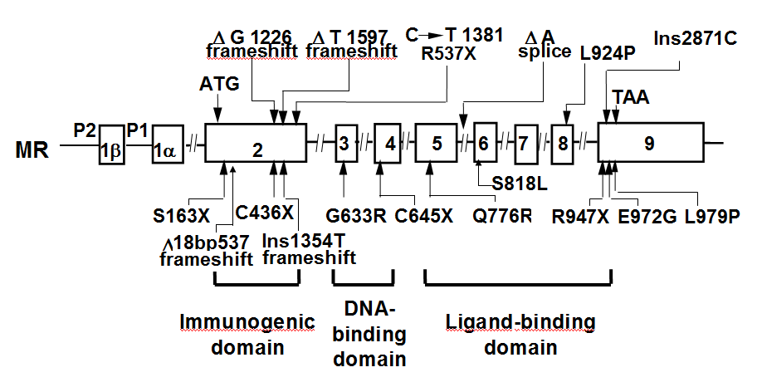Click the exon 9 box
[x=651, y=143]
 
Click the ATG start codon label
[x=218, y=85]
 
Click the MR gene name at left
[x=31, y=150]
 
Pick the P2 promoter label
[x=85, y=130]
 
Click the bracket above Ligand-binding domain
[x=518, y=282]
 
